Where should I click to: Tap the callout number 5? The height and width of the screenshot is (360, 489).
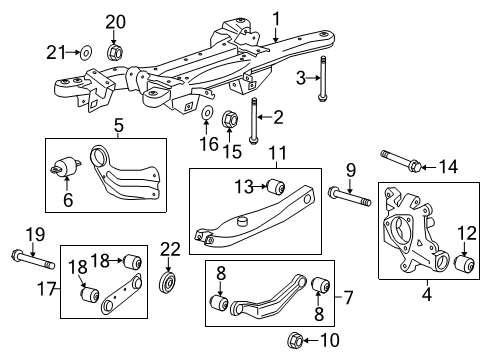coord(117,128)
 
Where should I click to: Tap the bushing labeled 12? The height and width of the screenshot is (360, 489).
coord(464,263)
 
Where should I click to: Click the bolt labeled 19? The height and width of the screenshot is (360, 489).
coord(29,263)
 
